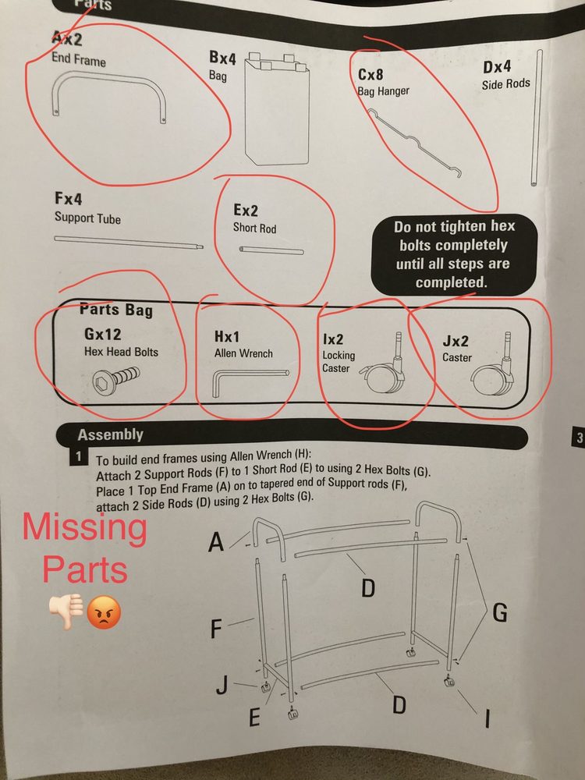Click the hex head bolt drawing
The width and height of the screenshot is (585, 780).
[x=116, y=378]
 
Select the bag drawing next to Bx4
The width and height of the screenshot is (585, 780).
[x=277, y=108]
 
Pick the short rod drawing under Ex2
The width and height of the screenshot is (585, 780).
[x=271, y=250]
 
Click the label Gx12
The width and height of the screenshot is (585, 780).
[x=102, y=334]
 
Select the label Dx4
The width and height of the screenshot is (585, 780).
[x=496, y=67]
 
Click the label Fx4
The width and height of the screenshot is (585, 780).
[x=69, y=199]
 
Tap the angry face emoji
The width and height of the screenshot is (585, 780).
[x=104, y=612]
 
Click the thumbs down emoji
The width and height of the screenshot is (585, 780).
[x=66, y=612]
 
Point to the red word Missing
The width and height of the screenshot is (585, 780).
[x=84, y=528]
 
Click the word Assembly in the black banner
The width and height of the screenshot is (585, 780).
[x=111, y=435]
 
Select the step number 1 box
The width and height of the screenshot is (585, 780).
[x=79, y=456]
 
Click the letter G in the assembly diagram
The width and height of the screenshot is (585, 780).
[x=499, y=612]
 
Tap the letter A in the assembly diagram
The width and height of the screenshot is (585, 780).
[x=216, y=541]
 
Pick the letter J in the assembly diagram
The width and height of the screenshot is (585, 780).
[x=222, y=686]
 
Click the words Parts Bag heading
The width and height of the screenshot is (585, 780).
[x=116, y=310]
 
